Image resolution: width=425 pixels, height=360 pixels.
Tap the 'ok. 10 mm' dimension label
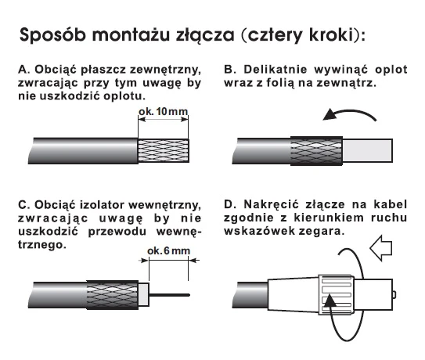pos(163,111)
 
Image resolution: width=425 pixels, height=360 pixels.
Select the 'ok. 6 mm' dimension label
pos(168,250)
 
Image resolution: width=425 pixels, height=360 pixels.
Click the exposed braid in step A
pos(164,151)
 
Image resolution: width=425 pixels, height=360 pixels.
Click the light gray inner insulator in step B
pos(368,151)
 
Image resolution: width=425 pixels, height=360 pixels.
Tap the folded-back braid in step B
pos(316,151)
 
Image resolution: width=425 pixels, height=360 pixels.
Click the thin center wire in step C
pos(169,295)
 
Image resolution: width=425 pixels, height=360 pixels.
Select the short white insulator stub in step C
pos(144,295)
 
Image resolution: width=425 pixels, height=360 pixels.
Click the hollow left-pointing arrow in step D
pos(381,248)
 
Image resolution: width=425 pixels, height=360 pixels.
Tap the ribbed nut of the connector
pos(337,295)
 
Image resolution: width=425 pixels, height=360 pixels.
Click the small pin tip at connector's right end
pos(394,295)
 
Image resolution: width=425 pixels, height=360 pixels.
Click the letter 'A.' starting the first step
pos(24,70)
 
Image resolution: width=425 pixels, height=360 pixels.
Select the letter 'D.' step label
pos(230,204)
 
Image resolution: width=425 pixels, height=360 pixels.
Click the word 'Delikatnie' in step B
pos(275,70)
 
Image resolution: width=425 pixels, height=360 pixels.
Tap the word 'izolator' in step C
pos(102,205)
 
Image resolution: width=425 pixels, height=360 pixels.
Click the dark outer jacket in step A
pos(83,151)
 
